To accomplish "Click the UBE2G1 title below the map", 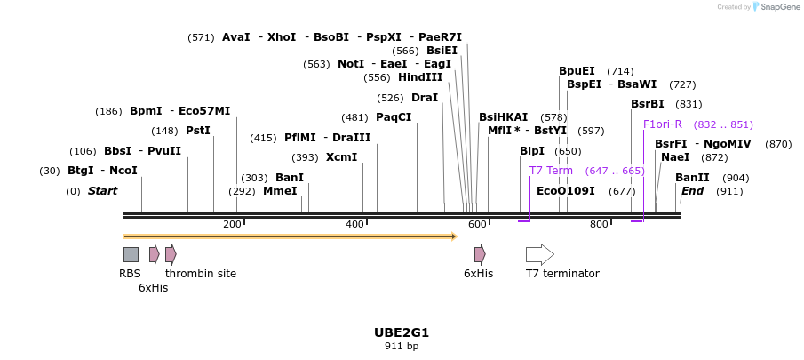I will [x=402, y=332].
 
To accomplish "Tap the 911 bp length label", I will [x=402, y=346].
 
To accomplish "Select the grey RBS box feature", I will [x=131, y=254].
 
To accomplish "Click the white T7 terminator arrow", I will [x=539, y=254].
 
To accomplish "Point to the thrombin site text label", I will [x=201, y=274].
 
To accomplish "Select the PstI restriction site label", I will [x=198, y=131].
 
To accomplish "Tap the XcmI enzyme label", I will [x=342, y=157].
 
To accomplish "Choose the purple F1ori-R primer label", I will [x=663, y=124].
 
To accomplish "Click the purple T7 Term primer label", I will [x=551, y=171].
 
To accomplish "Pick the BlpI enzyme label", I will [x=532, y=151].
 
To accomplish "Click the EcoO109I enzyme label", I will [x=566, y=191].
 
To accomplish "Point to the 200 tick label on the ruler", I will [x=233, y=225].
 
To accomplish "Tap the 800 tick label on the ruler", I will [x=599, y=225].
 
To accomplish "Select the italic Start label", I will [x=102, y=191].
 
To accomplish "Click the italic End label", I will [x=693, y=191].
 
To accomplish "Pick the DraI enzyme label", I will [x=425, y=98].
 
